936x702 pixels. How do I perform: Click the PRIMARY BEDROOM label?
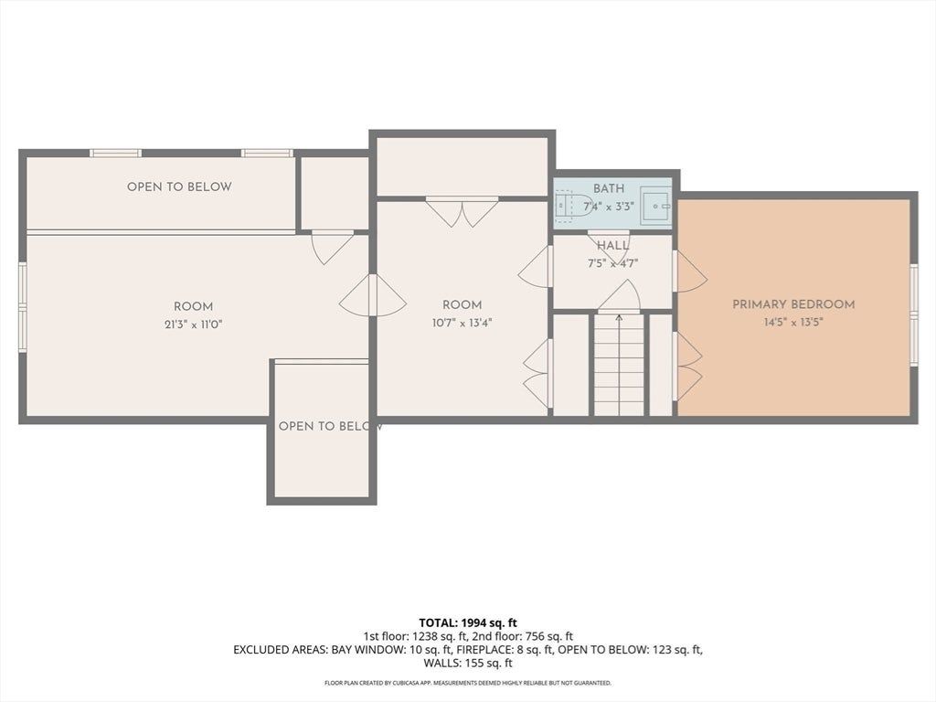[x=793, y=304]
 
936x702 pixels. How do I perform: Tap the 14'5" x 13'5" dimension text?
[x=793, y=323]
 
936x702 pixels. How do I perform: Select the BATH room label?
[x=609, y=188]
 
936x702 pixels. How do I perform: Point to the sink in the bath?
[x=655, y=206]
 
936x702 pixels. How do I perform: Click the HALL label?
[x=613, y=245]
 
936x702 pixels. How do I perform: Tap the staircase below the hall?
[x=620, y=365]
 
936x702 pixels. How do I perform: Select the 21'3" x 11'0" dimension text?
[x=194, y=324]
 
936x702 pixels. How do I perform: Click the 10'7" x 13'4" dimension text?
[x=462, y=323]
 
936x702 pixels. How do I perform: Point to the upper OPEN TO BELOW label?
[x=179, y=186]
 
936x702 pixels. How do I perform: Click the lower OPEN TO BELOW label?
[x=330, y=426]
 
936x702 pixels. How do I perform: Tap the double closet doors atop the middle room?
[x=462, y=212]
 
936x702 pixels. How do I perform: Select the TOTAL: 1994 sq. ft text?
[x=468, y=623]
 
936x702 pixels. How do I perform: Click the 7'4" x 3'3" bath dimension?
[x=609, y=207]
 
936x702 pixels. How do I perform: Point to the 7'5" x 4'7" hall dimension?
[x=613, y=263]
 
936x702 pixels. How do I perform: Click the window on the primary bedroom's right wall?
[x=913, y=314]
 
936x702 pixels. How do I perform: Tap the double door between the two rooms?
[x=373, y=295]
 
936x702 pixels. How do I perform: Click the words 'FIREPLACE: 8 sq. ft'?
[x=505, y=650]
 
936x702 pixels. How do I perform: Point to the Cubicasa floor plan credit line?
[x=468, y=683]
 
